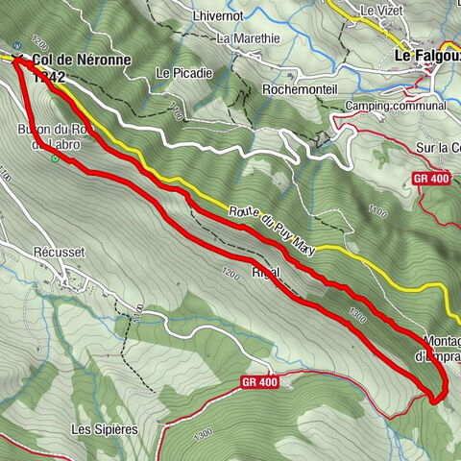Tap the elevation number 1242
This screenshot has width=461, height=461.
[x=48, y=77]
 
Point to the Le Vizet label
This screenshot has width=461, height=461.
[x=379, y=11]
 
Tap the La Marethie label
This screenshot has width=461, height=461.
[x=248, y=39]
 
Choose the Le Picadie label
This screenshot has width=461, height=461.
[x=177, y=73]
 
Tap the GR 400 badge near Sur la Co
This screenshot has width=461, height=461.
[x=430, y=179]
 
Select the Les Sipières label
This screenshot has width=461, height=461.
[x=105, y=427]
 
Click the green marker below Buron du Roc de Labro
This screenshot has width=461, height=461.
[x=56, y=160]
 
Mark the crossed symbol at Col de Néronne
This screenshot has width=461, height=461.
[x=20, y=56]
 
